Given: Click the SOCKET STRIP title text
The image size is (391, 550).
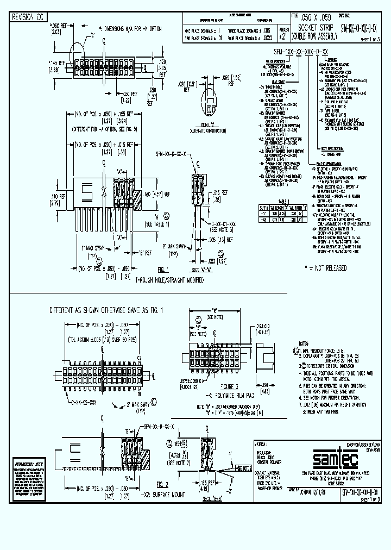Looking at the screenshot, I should (308, 25).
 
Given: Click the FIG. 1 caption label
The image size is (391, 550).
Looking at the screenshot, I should (163, 270).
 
